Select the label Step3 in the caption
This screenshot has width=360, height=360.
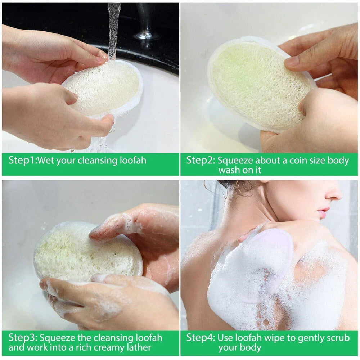22,338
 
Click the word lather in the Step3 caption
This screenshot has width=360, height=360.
138,348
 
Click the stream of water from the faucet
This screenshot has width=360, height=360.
114,29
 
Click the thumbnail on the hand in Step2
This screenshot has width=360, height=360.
292,62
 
